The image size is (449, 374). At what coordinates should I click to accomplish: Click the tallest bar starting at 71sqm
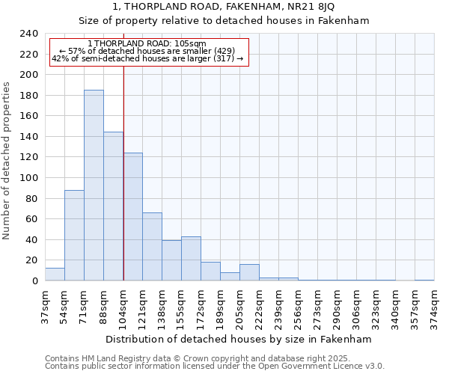[94, 186]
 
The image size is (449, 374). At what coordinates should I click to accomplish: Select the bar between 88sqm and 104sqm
[113, 206]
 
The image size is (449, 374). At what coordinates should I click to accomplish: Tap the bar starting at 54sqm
[74, 236]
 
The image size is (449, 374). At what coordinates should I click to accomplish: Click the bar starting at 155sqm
[191, 259]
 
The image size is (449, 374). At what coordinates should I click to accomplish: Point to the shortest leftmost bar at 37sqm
[55, 275]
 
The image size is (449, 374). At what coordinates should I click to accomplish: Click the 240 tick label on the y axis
[29, 34]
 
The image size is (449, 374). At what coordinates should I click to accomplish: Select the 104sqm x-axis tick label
[123, 306]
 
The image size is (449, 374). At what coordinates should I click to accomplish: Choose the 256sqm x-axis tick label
[298, 306]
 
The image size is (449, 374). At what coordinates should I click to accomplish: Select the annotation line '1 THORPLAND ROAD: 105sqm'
[147, 44]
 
